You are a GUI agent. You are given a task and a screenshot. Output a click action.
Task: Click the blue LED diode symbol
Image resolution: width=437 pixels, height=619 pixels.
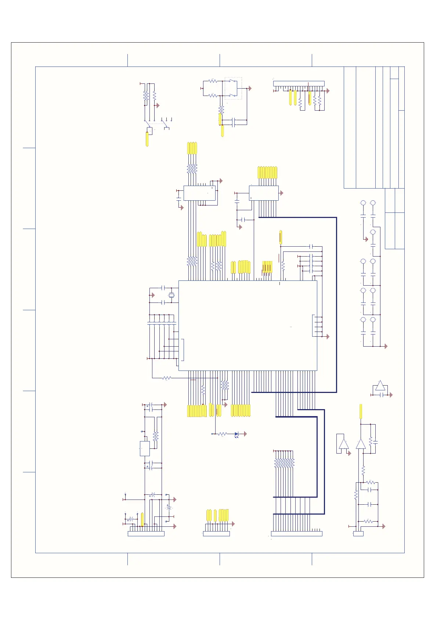pos(236,434)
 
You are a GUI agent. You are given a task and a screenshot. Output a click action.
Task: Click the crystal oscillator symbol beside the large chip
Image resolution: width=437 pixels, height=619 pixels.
pos(171,295)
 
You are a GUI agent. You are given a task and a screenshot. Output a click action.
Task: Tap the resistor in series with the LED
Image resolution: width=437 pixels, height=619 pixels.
pos(222,434)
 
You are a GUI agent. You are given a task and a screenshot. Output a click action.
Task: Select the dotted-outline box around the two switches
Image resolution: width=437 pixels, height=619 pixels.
pos(233,88)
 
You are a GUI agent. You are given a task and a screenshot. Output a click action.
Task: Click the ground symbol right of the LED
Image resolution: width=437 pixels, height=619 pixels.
pos(245,434)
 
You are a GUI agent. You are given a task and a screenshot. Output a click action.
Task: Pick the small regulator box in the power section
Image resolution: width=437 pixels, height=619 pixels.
pos(145,448)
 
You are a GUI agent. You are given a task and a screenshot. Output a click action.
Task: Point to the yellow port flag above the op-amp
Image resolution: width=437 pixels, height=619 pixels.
pos(361,411)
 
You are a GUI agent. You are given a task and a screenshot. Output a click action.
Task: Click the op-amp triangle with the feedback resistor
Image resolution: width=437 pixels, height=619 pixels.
pos(361,444)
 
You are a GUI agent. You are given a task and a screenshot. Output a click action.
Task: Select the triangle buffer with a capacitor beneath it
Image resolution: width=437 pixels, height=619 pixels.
pos(380,386)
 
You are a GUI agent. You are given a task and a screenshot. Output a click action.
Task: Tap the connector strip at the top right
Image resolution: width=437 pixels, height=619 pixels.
pos(299,83)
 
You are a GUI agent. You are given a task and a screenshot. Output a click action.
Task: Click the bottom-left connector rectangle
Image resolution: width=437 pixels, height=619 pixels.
pos(146,534)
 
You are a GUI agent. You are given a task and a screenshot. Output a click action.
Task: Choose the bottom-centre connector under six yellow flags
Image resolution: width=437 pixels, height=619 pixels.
pos(216,534)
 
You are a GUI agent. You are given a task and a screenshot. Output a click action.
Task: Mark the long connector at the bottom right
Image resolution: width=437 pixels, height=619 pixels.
pos(296,534)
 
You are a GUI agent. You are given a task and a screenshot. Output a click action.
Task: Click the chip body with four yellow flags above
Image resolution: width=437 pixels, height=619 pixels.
pos(199,193)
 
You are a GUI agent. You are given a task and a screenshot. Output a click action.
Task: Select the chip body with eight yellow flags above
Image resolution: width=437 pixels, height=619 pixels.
pos(264,193)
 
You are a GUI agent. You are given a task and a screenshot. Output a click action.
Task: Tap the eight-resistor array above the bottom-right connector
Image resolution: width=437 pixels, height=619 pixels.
pos(284,463)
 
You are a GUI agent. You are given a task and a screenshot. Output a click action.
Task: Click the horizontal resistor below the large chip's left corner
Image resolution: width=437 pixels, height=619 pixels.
pos(167,378)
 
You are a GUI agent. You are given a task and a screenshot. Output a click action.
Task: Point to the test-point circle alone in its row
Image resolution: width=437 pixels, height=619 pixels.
pos(373,232)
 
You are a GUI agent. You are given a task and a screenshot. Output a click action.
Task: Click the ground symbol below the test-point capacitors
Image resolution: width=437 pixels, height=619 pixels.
pos(386,346)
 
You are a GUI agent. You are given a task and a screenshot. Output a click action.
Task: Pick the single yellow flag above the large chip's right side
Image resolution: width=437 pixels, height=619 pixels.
pos(281,237)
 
